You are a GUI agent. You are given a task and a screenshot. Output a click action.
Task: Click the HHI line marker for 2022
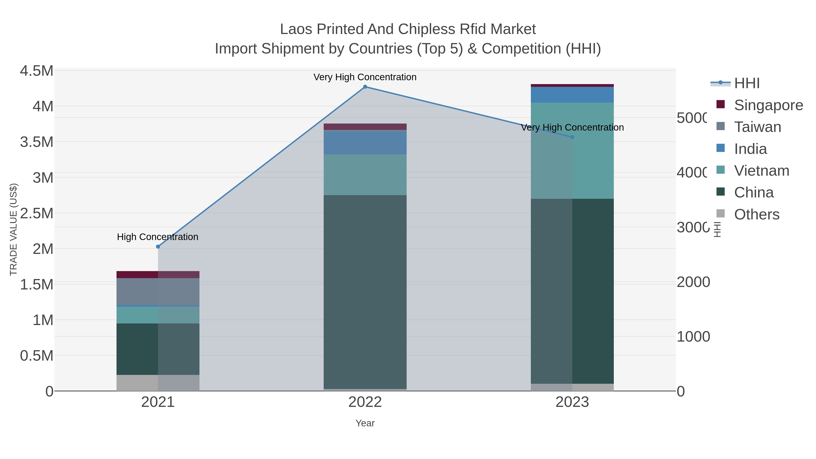(365, 87)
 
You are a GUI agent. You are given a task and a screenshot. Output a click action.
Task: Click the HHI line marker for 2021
(158, 247)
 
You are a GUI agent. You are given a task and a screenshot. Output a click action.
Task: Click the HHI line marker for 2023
(572, 137)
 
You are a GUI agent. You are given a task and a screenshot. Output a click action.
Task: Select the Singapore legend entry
(768, 105)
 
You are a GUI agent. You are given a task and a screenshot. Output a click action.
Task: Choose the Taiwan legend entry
(757, 127)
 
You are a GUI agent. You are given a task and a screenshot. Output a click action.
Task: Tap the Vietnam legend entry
(762, 171)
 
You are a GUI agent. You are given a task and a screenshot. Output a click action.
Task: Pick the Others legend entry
(756, 214)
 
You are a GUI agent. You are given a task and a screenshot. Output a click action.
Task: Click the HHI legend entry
(747, 83)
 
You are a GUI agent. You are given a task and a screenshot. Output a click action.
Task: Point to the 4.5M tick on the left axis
(36, 71)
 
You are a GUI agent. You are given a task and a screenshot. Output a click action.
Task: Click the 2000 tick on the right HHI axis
(693, 282)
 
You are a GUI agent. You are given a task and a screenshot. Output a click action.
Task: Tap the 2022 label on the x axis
(365, 402)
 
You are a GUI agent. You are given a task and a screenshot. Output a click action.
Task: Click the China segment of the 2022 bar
(365, 291)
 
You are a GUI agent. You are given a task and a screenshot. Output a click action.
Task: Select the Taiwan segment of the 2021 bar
(158, 291)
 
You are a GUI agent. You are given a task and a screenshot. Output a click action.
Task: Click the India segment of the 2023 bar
(572, 95)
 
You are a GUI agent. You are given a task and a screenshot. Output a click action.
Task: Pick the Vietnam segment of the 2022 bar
(365, 175)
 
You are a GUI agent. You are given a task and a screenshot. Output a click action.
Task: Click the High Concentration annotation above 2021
(158, 237)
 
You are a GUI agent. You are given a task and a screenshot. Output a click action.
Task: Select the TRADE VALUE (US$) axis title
(13, 229)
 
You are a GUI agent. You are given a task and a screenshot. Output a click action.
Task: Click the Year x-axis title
(365, 423)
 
